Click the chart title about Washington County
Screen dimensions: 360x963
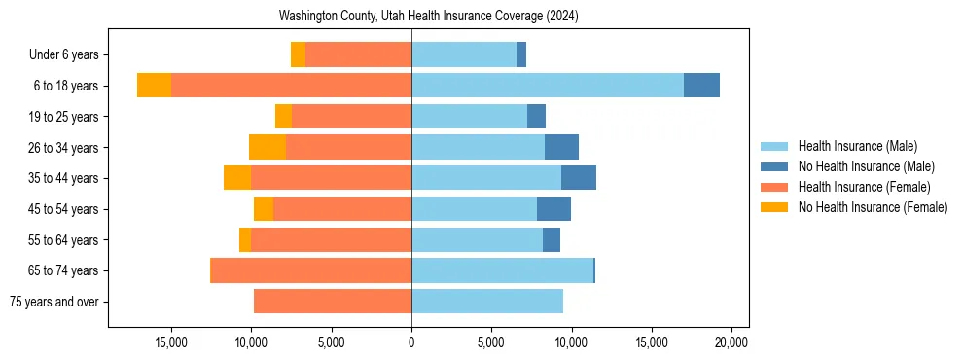[428, 17]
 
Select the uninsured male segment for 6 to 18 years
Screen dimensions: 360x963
[701, 86]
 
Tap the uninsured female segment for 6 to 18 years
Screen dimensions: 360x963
[154, 86]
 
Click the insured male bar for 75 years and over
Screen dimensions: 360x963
[487, 302]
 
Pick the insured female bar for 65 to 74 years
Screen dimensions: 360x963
[310, 270]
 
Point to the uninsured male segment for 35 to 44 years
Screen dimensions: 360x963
[579, 178]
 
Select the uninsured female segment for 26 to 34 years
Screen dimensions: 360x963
[267, 147]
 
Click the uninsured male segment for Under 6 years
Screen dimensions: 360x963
[521, 54]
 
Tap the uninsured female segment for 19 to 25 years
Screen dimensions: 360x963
[283, 117]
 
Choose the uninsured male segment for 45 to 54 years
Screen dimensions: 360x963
[553, 209]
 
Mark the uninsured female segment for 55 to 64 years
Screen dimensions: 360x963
[245, 240]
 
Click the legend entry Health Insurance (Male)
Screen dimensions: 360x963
[857, 146]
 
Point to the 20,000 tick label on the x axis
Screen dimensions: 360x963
[731, 342]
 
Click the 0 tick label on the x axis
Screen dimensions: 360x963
[411, 342]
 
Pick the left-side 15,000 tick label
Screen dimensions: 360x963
[171, 342]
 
